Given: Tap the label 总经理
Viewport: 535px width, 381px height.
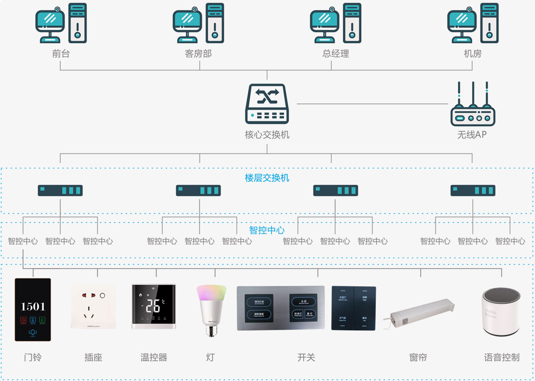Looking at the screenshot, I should click(x=335, y=54).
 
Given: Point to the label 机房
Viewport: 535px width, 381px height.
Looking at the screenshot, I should click(x=473, y=54).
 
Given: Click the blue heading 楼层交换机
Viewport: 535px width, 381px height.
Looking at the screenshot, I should click(x=267, y=178).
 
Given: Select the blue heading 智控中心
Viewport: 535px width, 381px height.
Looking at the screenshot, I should click(x=267, y=231).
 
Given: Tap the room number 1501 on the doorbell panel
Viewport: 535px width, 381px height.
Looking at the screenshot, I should click(x=33, y=306).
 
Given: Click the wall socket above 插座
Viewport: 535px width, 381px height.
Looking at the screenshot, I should click(x=93, y=307).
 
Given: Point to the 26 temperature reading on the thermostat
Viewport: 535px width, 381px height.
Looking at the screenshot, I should click(x=153, y=306).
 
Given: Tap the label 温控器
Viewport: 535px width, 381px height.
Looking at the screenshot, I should click(x=153, y=357).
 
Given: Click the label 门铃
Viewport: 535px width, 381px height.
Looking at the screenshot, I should click(x=33, y=357).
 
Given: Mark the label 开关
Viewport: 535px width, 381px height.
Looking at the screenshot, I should click(x=306, y=357).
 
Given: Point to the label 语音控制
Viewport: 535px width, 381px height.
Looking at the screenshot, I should click(x=502, y=357).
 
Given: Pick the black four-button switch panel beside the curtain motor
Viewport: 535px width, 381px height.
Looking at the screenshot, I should click(x=354, y=308).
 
